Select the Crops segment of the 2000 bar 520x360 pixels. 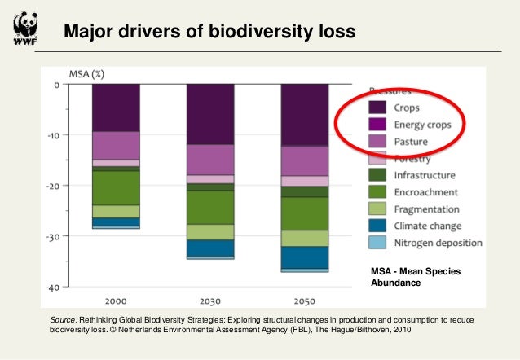pos(116,108)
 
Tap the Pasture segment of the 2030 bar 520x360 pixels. pos(210,159)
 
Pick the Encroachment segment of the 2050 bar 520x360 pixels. pos(305,213)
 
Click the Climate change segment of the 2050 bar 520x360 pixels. pos(305,257)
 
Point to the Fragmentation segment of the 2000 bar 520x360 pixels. pos(116,211)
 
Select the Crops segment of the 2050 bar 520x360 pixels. pos(305,115)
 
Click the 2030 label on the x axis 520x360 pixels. pos(210,300)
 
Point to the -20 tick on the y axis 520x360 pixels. pos(51,186)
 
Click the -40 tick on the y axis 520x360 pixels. pos(51,288)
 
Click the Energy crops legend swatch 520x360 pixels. pos(377,124)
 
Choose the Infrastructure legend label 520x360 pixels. pos(425,174)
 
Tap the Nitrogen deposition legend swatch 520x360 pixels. pos(377,243)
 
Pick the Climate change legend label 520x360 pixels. pos(428,226)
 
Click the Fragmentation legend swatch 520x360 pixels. pos(377,209)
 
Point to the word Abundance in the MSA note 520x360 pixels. pos(395,283)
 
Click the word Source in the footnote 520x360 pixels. pos(64,322)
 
